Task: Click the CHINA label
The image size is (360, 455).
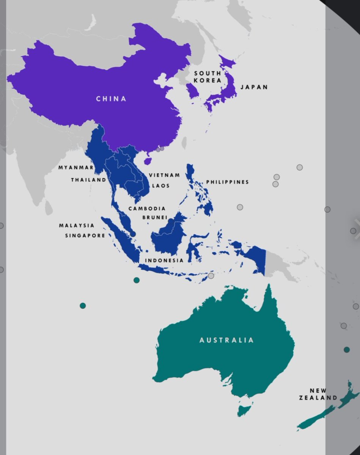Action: click(x=111, y=99)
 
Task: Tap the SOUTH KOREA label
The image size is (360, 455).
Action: click(x=208, y=77)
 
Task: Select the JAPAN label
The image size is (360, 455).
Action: click(x=254, y=87)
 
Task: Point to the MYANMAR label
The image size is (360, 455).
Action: click(x=76, y=168)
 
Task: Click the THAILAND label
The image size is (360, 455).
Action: click(x=88, y=180)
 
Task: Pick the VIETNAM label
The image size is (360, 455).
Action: click(x=164, y=175)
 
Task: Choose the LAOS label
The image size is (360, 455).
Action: click(x=161, y=186)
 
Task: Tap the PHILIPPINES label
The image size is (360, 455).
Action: click(x=228, y=182)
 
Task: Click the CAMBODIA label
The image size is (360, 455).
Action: click(x=147, y=209)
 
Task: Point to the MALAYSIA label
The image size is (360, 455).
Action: click(x=77, y=226)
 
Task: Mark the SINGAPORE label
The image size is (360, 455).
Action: click(x=85, y=235)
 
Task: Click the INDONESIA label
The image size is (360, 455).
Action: click(x=164, y=260)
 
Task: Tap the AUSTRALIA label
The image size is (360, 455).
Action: click(x=227, y=340)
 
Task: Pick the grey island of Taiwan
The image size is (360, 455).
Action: click(x=185, y=143)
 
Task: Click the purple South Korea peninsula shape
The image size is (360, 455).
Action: click(x=192, y=91)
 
